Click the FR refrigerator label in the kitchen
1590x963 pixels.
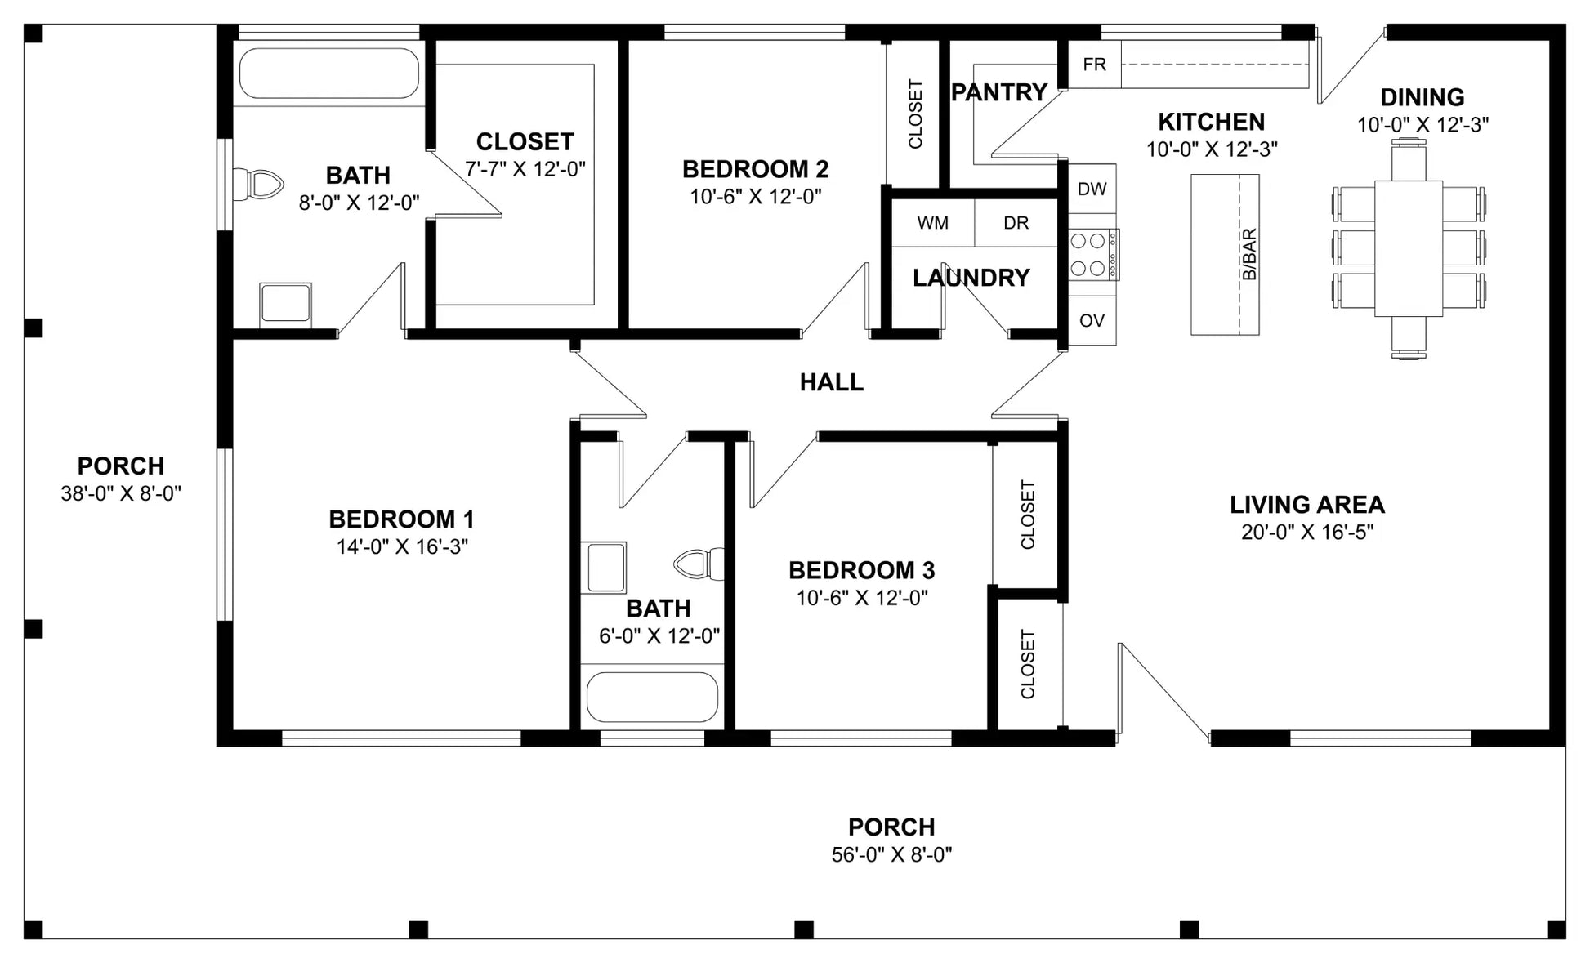pyautogui.click(x=1094, y=64)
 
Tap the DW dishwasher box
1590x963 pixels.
pyautogui.click(x=1092, y=189)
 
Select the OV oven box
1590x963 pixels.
pyautogui.click(x=1092, y=320)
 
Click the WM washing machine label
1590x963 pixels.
pyautogui.click(x=932, y=223)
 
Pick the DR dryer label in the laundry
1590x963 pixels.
pyautogui.click(x=1016, y=223)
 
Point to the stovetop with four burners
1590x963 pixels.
pyautogui.click(x=1093, y=254)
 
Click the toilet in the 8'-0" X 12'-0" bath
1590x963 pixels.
pyautogui.click(x=257, y=185)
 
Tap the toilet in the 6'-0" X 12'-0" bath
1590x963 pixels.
pyautogui.click(x=699, y=564)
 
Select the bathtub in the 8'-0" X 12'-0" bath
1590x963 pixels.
pyautogui.click(x=329, y=74)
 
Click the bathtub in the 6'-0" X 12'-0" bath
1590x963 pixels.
pyautogui.click(x=652, y=697)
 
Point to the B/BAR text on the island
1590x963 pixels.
pyautogui.click(x=1249, y=254)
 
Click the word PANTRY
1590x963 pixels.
pyautogui.click(x=999, y=92)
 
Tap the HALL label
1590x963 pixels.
pyautogui.click(x=831, y=382)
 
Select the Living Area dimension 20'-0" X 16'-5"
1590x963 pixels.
pyautogui.click(x=1307, y=533)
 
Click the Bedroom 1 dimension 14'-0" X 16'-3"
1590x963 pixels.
pyautogui.click(x=402, y=546)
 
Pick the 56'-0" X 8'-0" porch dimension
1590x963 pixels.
pyautogui.click(x=891, y=854)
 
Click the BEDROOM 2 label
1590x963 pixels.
pyautogui.click(x=755, y=169)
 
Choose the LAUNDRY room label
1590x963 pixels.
pyautogui.click(x=971, y=278)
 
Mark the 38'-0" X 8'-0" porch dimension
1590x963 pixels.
pyautogui.click(x=121, y=493)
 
